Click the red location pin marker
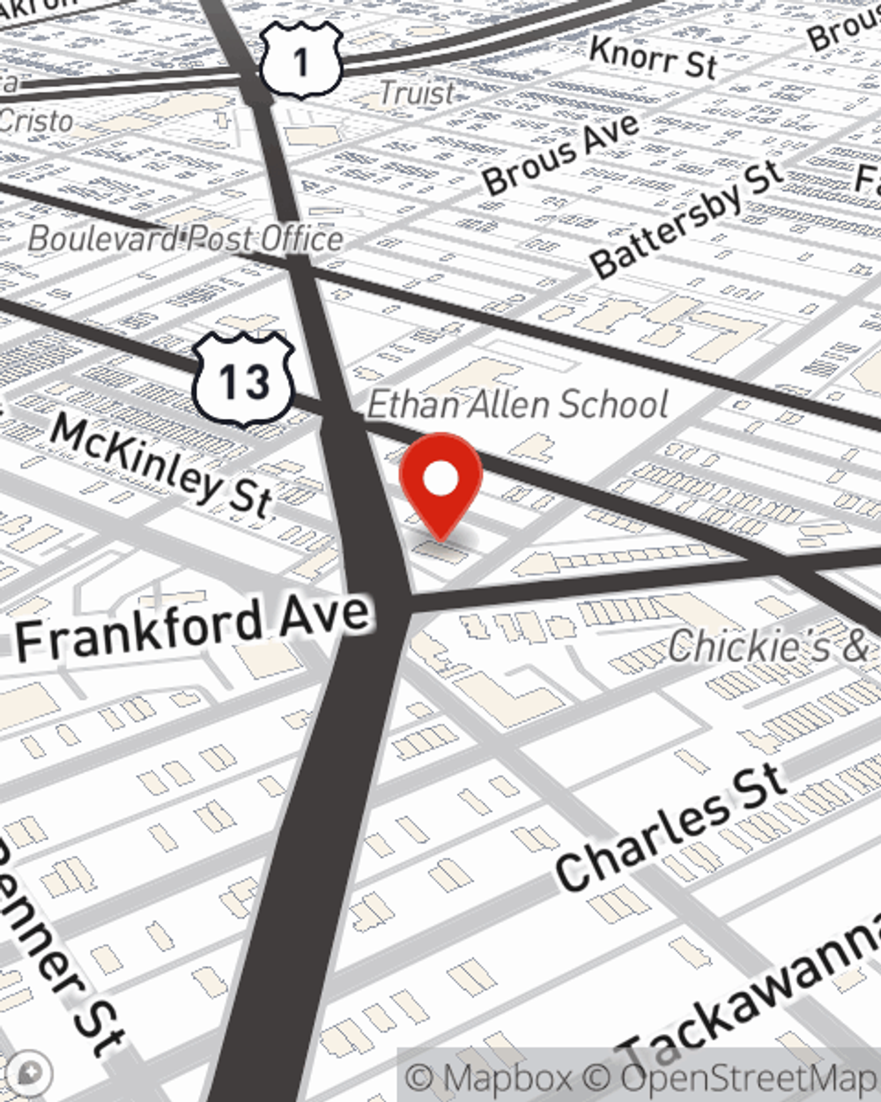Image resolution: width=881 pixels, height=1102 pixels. [440, 485]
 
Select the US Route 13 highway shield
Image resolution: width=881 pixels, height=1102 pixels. [243, 380]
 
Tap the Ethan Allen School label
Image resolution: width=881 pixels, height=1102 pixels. [517, 405]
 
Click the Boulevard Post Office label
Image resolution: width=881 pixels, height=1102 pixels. [185, 239]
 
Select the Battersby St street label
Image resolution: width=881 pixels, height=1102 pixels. [687, 220]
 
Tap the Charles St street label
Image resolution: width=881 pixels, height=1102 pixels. [670, 827]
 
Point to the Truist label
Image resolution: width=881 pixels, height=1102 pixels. [417, 93]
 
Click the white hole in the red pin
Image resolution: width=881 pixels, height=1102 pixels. [440, 479]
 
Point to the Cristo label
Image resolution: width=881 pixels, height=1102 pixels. [35, 120]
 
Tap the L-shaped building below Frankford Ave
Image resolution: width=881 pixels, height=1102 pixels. [511, 692]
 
